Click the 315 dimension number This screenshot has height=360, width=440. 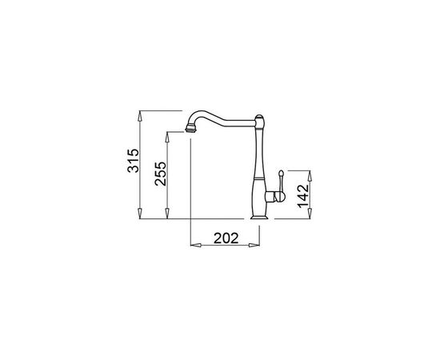click(134, 161)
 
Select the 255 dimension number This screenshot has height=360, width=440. click(161, 174)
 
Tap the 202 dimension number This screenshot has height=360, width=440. click(226, 238)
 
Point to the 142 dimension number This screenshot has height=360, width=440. click(303, 196)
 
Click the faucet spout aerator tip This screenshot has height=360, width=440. click(190, 130)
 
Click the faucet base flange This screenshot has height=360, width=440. click(259, 217)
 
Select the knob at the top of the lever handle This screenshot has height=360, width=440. click(281, 173)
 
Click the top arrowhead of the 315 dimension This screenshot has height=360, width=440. click(140, 116)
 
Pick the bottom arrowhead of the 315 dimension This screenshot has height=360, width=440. click(140, 214)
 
